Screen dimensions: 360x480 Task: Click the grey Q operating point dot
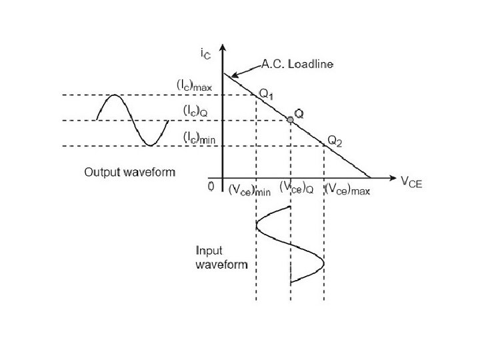pyautogui.click(x=290, y=119)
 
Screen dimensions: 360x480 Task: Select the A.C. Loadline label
pyautogui.click(x=297, y=64)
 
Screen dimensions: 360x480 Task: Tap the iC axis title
pyautogui.click(x=207, y=53)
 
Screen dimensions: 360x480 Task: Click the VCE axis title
pyautogui.click(x=411, y=181)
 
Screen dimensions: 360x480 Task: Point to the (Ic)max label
pyautogui.click(x=194, y=85)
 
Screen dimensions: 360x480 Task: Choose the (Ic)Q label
pyautogui.click(x=196, y=111)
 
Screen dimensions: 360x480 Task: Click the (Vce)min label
pyautogui.click(x=249, y=190)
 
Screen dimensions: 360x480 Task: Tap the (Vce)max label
pyautogui.click(x=347, y=190)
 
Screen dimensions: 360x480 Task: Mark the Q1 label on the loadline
pyautogui.click(x=266, y=95)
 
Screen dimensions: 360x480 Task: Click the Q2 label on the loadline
pyautogui.click(x=334, y=141)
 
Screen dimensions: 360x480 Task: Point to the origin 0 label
pyautogui.click(x=211, y=187)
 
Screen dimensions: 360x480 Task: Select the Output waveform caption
pyautogui.click(x=129, y=173)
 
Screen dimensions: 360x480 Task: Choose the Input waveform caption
pyautogui.click(x=221, y=257)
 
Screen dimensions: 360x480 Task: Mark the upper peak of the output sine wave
pyautogui.click(x=115, y=96)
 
